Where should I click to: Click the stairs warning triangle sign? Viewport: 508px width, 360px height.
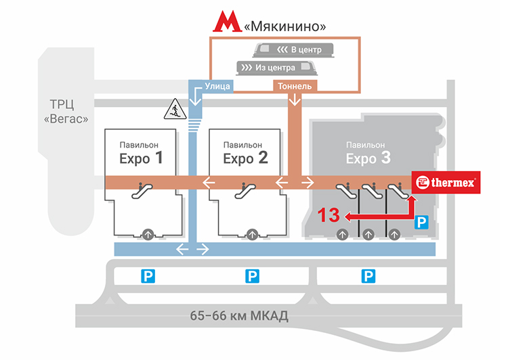174,109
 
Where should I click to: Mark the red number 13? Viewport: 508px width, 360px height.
329,216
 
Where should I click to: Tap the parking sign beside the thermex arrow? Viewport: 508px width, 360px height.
421,221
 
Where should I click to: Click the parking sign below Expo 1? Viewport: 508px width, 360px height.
148,275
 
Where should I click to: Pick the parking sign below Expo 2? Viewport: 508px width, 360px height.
252,275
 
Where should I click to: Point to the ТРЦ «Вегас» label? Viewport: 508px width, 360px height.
68,111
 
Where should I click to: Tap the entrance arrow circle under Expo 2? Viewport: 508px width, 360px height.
252,234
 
